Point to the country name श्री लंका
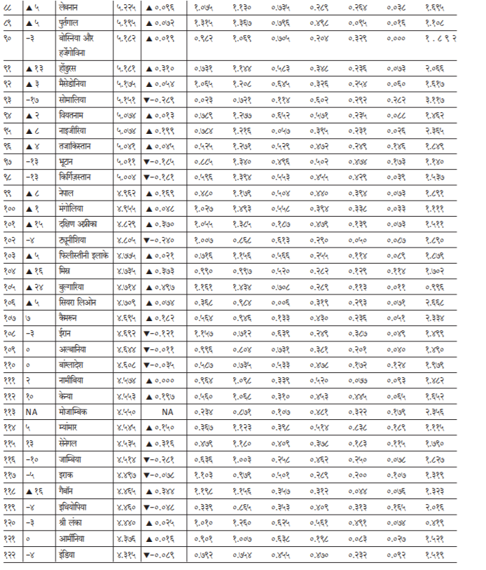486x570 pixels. point(75,522)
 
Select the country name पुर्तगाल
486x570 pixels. point(75,23)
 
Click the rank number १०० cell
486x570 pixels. point(9,209)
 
